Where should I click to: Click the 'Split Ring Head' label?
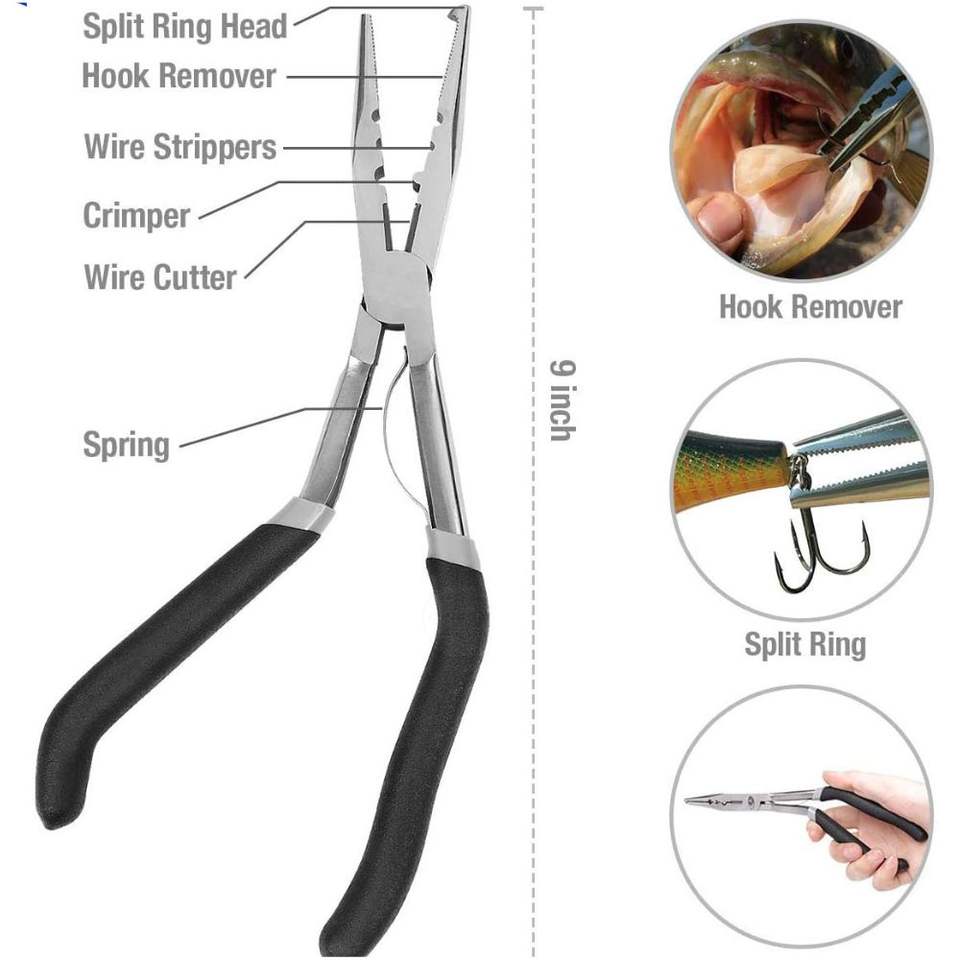tap(185, 26)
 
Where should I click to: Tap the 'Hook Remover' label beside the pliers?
tap(179, 76)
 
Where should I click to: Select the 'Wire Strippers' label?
tap(180, 147)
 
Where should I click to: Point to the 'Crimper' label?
tap(136, 215)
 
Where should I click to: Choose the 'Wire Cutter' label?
tap(160, 276)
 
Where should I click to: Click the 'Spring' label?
tap(126, 444)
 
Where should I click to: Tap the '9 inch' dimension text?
tap(561, 399)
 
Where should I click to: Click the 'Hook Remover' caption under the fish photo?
tap(810, 307)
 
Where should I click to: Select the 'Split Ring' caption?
tap(804, 644)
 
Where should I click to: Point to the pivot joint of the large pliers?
tap(397, 288)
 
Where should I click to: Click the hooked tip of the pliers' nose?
tap(459, 14)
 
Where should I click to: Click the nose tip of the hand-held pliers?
tap(690, 799)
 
